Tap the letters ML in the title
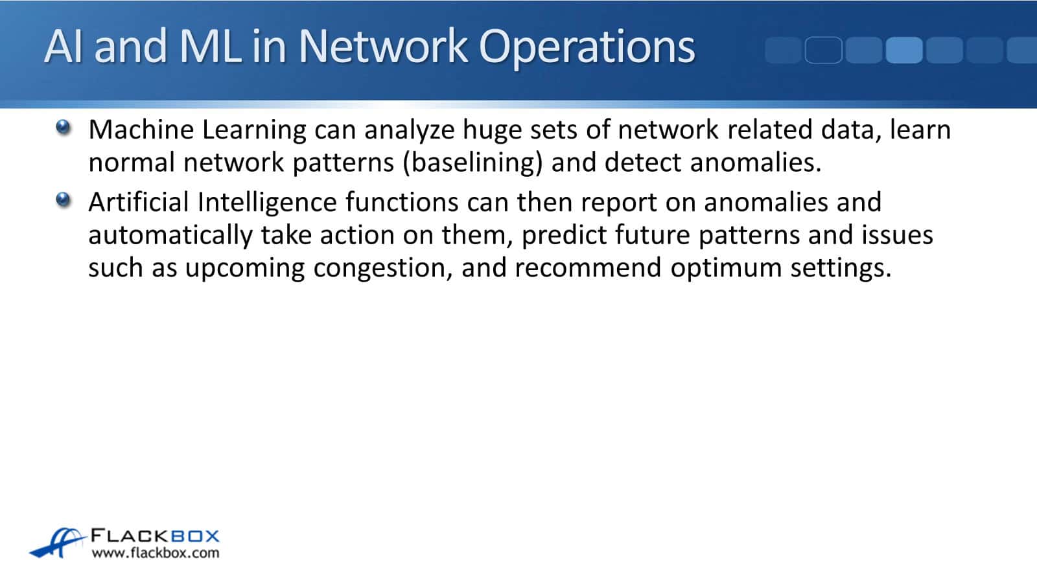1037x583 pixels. pyautogui.click(x=210, y=46)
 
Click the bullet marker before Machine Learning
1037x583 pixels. pyautogui.click(x=64, y=127)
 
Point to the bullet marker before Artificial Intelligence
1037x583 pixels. pyautogui.click(x=64, y=200)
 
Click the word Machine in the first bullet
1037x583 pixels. pyautogui.click(x=141, y=130)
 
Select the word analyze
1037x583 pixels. pyautogui.click(x=410, y=131)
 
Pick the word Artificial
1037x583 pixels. pyautogui.click(x=139, y=203)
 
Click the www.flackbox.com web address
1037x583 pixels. pyautogui.click(x=156, y=553)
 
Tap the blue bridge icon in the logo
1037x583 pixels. pyautogui.click(x=58, y=542)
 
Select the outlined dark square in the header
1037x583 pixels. pyautogui.click(x=824, y=50)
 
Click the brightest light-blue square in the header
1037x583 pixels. pyautogui.click(x=904, y=50)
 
